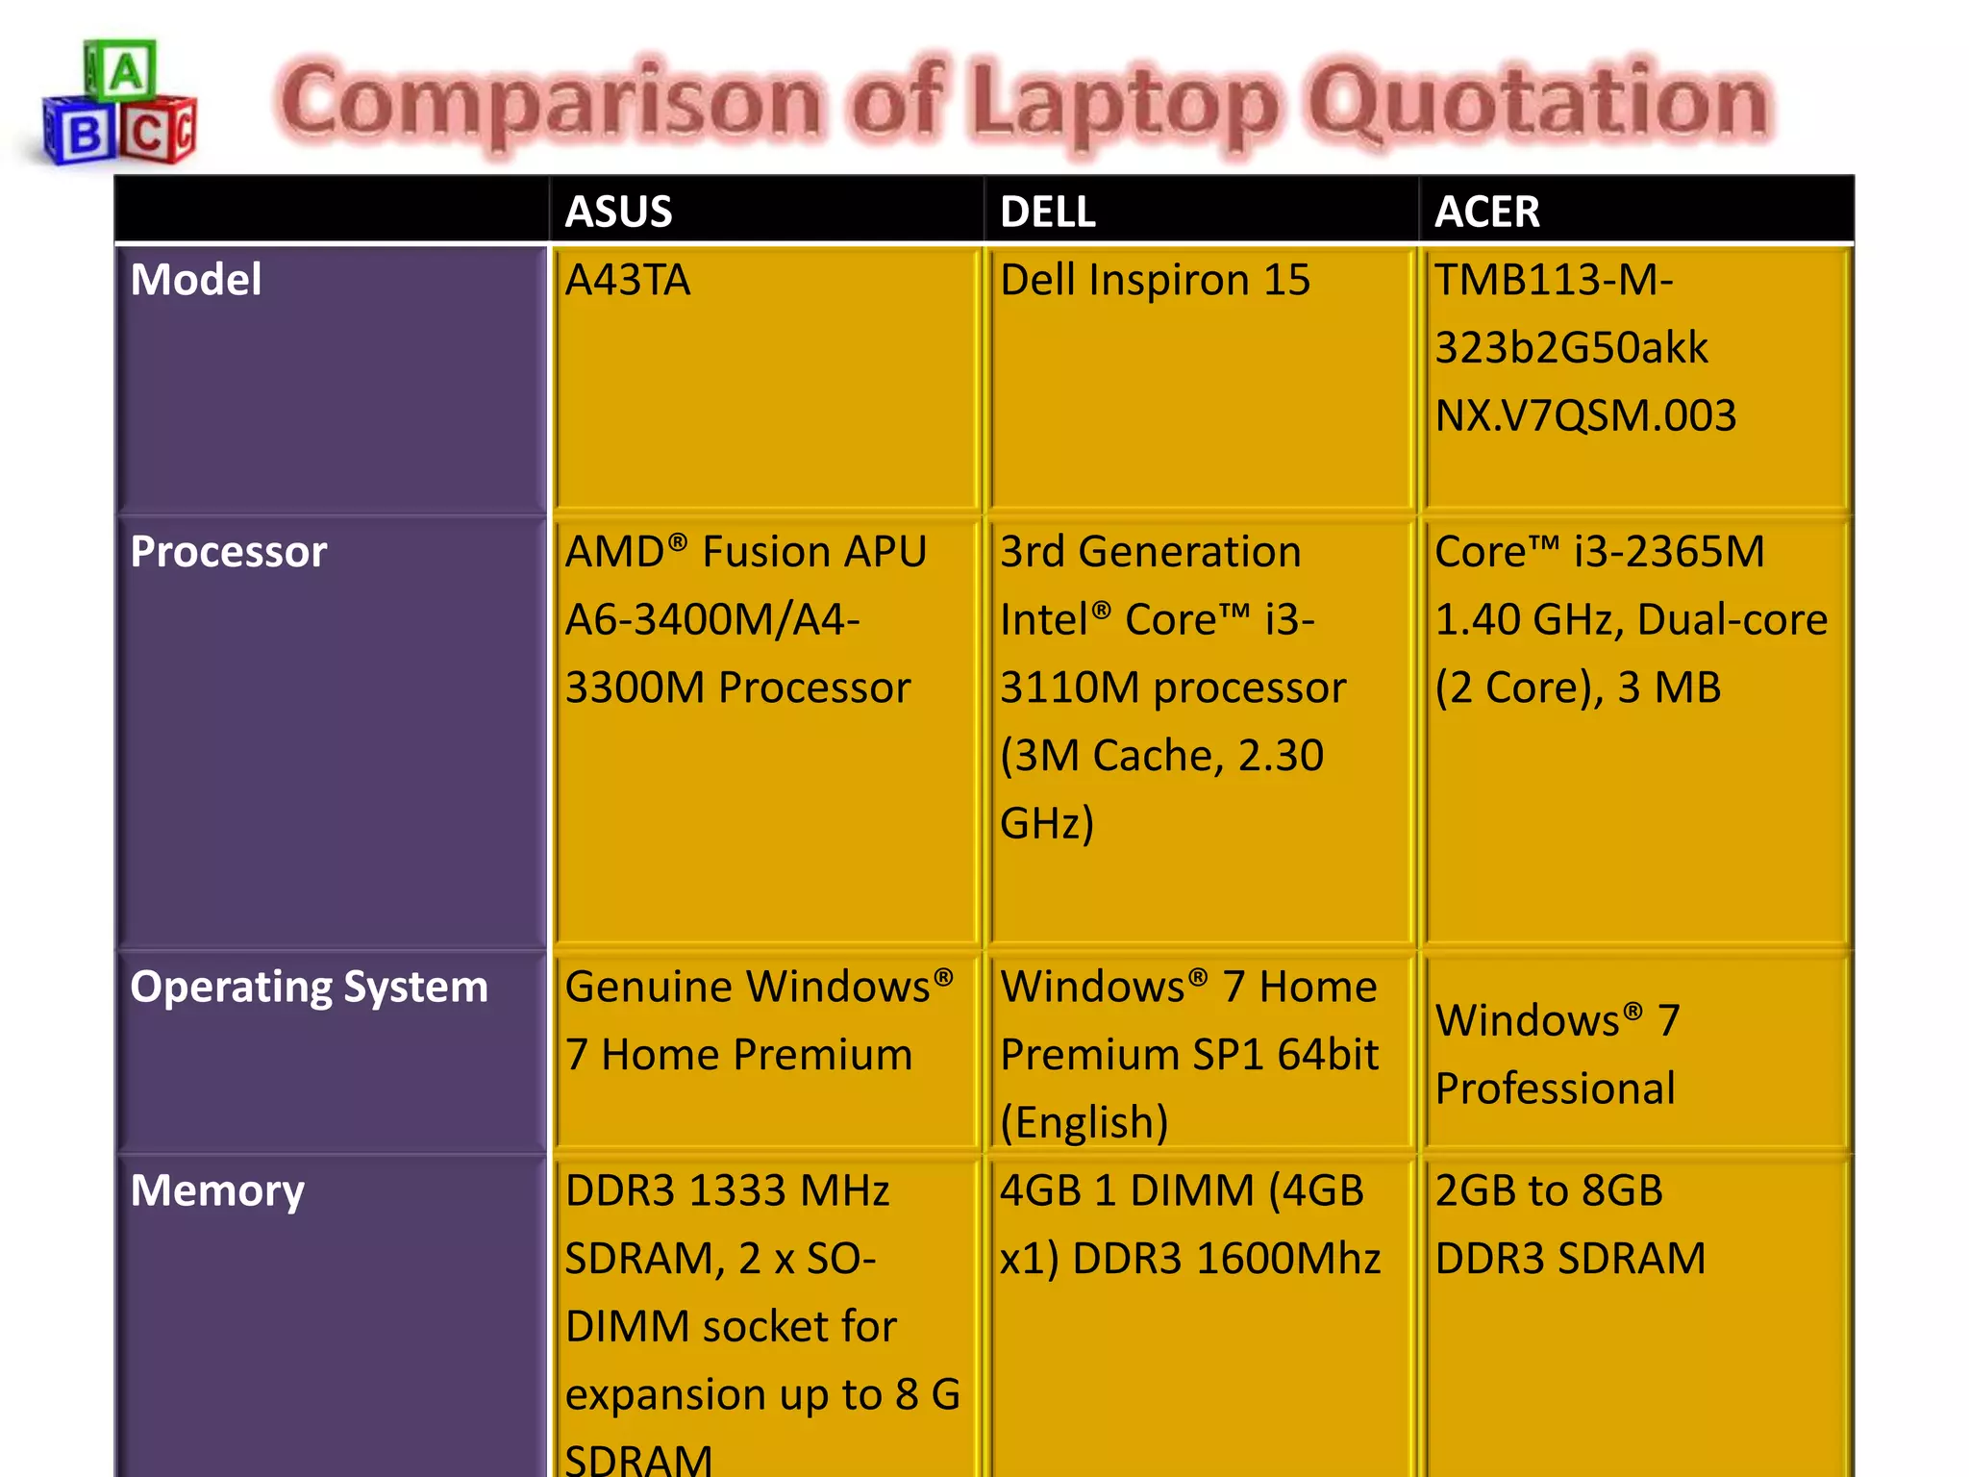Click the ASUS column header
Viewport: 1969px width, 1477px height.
click(x=618, y=212)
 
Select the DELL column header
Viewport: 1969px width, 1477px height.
click(x=1047, y=212)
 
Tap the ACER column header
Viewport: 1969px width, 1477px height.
click(x=1486, y=212)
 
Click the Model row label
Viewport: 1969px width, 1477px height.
click(x=196, y=280)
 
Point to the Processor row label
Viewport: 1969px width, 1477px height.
click(x=229, y=552)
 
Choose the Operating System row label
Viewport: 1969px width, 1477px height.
click(x=309, y=988)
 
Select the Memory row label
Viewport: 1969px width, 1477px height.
click(x=217, y=1191)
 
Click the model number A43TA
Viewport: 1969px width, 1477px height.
click(x=627, y=281)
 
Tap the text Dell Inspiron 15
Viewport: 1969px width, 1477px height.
click(x=1155, y=281)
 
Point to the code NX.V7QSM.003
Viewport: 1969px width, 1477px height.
click(x=1585, y=416)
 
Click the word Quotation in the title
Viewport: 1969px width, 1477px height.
click(x=1538, y=102)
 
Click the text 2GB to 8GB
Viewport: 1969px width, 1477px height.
click(x=1548, y=1191)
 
